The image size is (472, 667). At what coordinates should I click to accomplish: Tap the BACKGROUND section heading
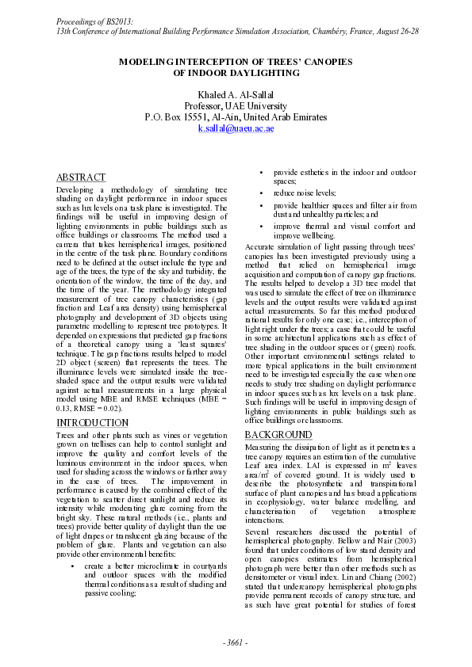278,436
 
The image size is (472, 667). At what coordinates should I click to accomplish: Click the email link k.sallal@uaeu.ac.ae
236,128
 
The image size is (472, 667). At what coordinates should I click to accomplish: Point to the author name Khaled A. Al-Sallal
236,94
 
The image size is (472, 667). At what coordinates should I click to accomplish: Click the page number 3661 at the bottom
236,642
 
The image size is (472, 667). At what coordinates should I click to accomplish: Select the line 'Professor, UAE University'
236,105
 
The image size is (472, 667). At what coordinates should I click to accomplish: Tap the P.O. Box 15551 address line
236,116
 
